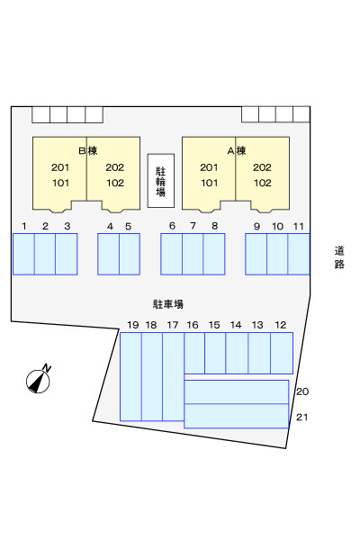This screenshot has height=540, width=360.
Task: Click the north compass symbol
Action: tap(38, 380)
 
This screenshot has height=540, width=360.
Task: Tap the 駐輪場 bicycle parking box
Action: tap(161, 181)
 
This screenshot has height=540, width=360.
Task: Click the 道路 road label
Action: tap(339, 257)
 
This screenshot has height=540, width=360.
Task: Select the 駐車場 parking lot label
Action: tap(168, 304)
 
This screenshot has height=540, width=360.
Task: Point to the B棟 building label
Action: tap(88, 151)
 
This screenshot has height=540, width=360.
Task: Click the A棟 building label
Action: tap(237, 151)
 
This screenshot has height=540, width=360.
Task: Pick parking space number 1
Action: tap(23, 254)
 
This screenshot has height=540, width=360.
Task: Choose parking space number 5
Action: tap(130, 254)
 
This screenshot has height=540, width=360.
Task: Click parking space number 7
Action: tap(193, 254)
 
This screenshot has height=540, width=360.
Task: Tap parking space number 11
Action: tap(299, 254)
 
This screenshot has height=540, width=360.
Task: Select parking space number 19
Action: tap(130, 376)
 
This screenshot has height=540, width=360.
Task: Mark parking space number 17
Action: tap(174, 376)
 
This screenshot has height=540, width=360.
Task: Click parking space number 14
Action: tap(237, 353)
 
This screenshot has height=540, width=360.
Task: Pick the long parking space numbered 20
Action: tap(237, 391)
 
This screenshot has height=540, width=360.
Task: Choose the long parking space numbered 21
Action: tap(237, 416)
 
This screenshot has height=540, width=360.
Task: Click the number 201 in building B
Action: tap(60, 167)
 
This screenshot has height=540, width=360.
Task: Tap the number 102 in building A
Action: tap(263, 183)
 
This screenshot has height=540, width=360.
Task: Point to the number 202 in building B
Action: tap(114, 167)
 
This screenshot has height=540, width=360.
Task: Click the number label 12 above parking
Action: tap(281, 325)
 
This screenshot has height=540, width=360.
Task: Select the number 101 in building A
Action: tap(210, 183)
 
